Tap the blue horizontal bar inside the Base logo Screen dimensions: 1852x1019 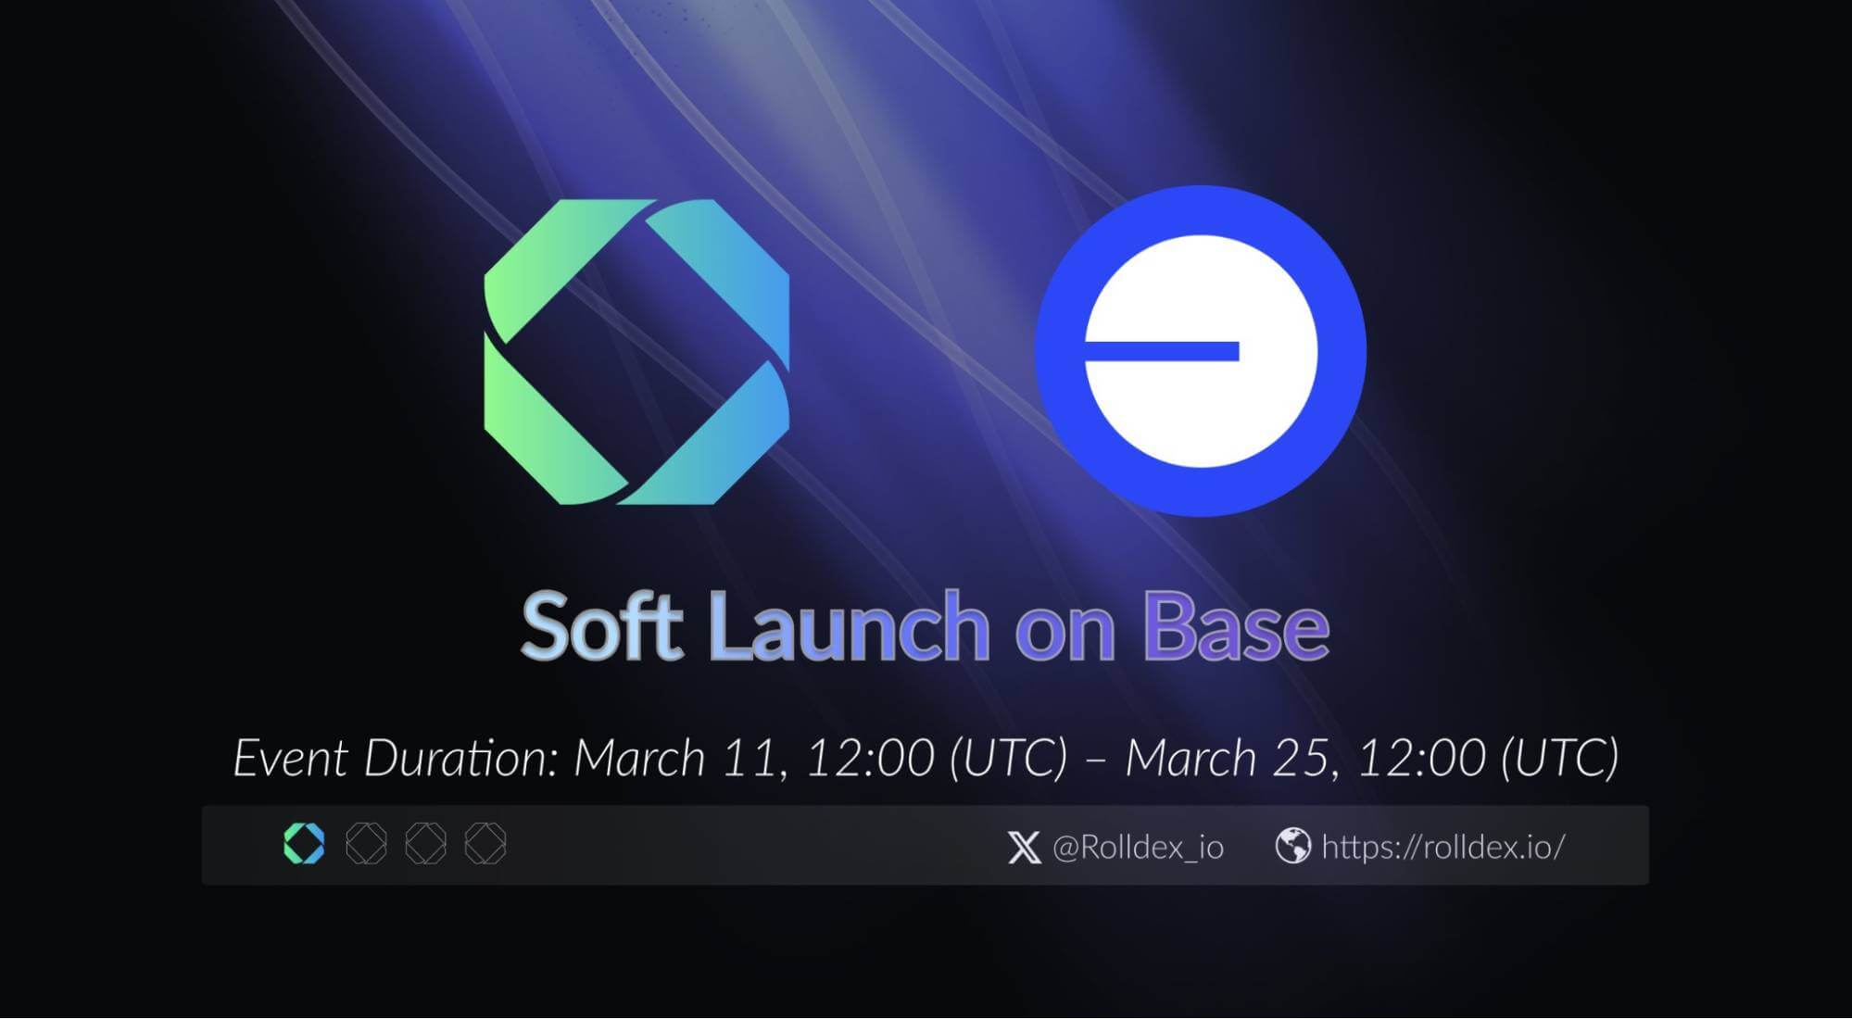[1162, 351]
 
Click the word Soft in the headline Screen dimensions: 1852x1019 [602, 626]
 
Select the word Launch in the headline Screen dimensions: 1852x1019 [850, 626]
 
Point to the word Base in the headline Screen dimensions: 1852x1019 [1236, 626]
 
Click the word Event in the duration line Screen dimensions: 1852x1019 [290, 759]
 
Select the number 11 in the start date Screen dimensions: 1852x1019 [751, 759]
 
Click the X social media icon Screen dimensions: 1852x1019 [1024, 847]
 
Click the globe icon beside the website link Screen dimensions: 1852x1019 [1292, 846]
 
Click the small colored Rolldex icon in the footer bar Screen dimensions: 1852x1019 [304, 844]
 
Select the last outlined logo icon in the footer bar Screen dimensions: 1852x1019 [485, 844]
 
